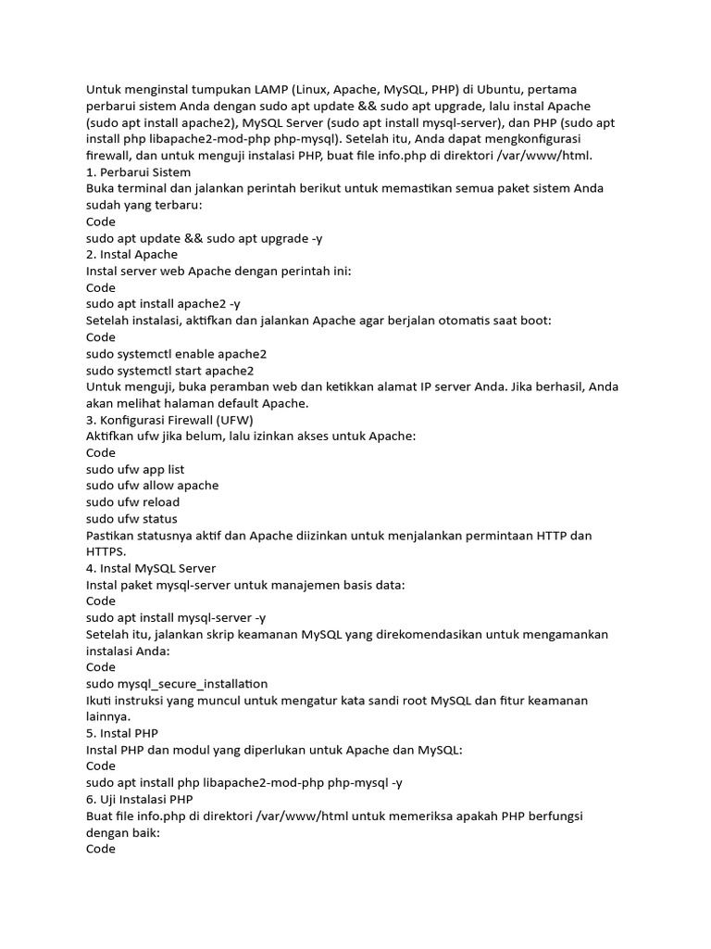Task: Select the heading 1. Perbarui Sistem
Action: (x=138, y=171)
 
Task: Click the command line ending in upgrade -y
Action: (x=204, y=238)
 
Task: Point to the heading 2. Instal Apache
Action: (x=131, y=254)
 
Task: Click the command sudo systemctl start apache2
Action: (x=169, y=370)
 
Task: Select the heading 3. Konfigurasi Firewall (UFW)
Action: (x=176, y=420)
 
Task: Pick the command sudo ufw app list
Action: (x=135, y=470)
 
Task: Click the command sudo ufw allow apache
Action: (x=152, y=486)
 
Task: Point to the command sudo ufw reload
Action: (x=132, y=502)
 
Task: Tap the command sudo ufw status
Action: (x=131, y=518)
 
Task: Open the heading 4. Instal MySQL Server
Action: (x=151, y=568)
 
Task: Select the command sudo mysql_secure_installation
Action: (x=177, y=683)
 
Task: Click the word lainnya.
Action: (x=109, y=716)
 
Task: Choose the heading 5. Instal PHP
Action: (x=121, y=732)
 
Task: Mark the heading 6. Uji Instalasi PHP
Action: (x=140, y=799)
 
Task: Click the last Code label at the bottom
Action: (x=101, y=848)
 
